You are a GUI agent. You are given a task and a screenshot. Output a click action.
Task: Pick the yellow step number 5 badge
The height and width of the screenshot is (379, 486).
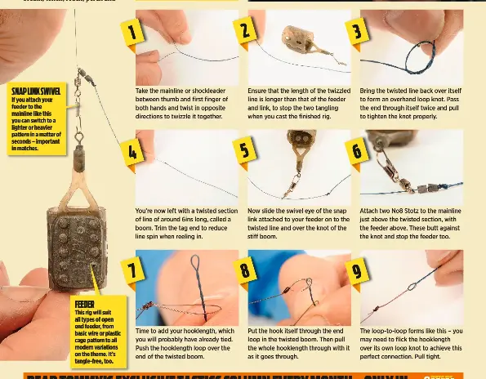click(x=244, y=150)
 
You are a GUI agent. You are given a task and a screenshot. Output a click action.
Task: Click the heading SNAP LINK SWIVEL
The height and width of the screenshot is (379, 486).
click(x=35, y=91)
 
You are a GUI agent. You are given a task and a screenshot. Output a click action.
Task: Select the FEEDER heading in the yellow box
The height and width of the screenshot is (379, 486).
click(x=84, y=304)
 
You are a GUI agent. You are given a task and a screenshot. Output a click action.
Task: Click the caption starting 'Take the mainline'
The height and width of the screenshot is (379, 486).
click(x=186, y=104)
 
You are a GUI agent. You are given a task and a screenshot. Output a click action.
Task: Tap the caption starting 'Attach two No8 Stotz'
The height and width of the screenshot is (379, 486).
click(x=411, y=223)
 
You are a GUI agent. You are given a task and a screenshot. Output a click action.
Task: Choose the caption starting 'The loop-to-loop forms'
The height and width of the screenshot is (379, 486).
click(x=411, y=344)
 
